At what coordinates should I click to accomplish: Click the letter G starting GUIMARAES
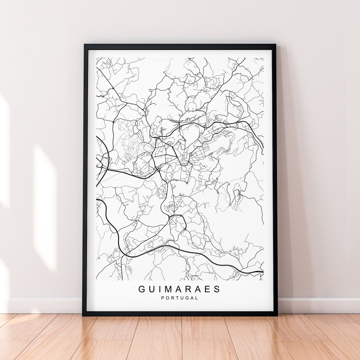tap(142, 289)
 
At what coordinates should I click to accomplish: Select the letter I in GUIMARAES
tap(159, 289)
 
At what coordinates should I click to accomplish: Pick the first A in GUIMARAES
tap(178, 289)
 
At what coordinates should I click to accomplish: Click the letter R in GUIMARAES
tap(188, 289)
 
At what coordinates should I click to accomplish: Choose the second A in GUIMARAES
tap(198, 289)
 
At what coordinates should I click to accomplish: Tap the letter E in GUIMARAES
tap(208, 289)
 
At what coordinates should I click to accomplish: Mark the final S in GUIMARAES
tap(217, 289)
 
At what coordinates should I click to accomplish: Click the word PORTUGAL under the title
tap(180, 298)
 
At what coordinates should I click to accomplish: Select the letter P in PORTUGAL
tap(163, 298)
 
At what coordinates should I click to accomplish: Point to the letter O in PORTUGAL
tap(167, 298)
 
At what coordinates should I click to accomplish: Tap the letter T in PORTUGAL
tap(177, 298)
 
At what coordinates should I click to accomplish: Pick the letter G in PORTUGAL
tap(187, 298)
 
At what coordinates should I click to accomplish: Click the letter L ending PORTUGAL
tap(197, 298)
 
